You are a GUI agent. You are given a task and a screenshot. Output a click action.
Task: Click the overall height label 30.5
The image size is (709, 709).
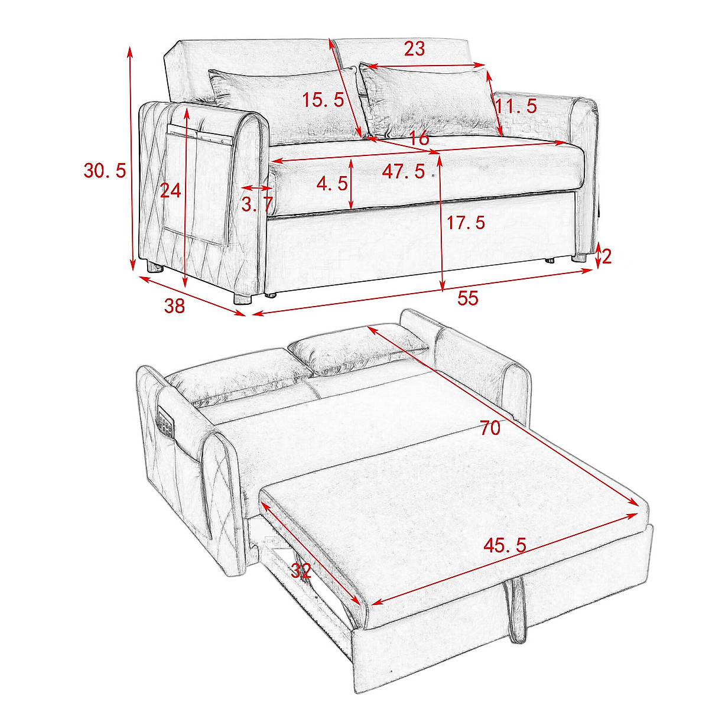click(x=105, y=171)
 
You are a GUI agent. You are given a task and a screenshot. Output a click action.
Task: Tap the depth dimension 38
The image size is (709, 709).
click(x=174, y=305)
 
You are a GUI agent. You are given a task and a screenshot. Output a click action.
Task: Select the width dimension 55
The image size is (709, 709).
click(x=467, y=299)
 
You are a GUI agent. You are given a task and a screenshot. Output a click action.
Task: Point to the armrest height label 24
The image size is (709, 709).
click(x=171, y=190)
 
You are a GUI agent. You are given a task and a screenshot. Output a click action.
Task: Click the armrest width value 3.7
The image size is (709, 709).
click(x=257, y=204)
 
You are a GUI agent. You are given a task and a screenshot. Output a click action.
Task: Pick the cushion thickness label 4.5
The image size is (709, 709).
click(x=332, y=184)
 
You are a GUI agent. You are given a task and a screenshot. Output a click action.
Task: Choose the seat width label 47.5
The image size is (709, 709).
click(x=404, y=172)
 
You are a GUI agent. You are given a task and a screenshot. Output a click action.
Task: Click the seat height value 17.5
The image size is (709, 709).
click(x=466, y=223)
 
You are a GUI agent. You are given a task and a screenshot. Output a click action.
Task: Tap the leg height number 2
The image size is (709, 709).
click(x=606, y=256)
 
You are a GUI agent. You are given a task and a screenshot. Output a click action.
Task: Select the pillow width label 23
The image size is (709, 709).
click(x=414, y=49)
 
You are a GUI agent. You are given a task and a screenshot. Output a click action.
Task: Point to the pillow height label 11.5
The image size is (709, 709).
click(x=516, y=107)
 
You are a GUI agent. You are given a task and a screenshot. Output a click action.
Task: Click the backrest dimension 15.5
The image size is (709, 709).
click(x=323, y=100)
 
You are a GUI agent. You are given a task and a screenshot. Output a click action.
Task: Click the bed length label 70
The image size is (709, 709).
click(x=490, y=428)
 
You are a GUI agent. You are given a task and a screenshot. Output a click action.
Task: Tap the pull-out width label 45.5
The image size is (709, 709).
click(x=505, y=545)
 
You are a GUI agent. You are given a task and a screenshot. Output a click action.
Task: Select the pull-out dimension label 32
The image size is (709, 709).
click(x=301, y=571)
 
